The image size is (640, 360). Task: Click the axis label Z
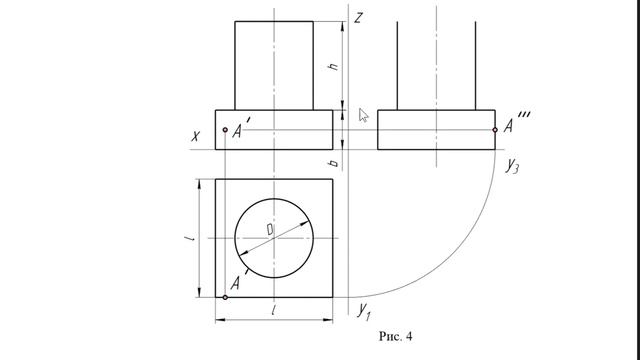(x=358, y=18)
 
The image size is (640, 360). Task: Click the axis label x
(x=196, y=136)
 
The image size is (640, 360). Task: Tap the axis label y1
(x=364, y=311)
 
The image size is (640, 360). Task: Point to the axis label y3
(x=512, y=165)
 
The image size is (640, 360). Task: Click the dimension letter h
(x=334, y=66)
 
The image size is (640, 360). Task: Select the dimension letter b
(x=334, y=163)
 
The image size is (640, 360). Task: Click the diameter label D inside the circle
(x=270, y=229)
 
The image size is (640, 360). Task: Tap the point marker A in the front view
(x=225, y=130)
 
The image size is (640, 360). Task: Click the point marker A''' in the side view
(x=495, y=130)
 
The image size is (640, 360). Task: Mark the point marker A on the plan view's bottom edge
(x=225, y=298)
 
